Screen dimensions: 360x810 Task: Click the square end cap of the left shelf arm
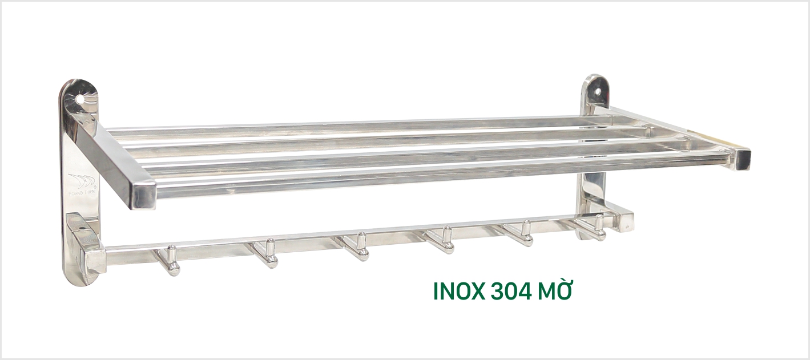pyautogui.click(x=143, y=195)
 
